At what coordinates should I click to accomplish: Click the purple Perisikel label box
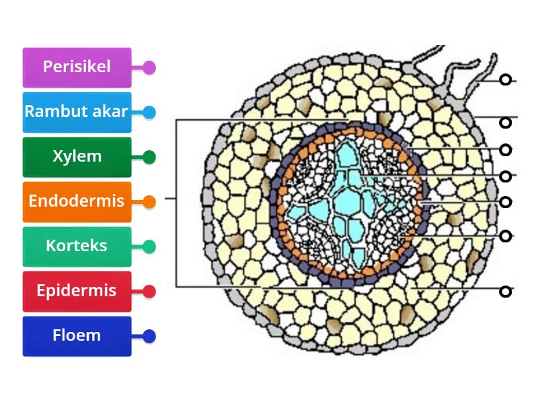(77, 67)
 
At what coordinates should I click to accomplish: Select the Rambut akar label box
(77, 112)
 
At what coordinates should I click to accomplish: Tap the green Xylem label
(77, 157)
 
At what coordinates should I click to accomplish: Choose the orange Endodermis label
(77, 201)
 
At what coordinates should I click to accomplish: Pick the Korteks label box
(77, 246)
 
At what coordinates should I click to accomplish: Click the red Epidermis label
(77, 291)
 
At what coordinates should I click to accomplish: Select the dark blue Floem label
(77, 335)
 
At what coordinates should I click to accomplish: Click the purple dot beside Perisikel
(149, 67)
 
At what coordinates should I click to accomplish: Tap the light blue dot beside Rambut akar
(149, 112)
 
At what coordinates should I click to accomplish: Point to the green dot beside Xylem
(149, 157)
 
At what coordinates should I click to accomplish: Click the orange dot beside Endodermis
(149, 201)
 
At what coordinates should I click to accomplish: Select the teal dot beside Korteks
(149, 246)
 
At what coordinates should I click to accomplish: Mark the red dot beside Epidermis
(149, 291)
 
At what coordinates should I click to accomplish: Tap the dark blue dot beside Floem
(149, 335)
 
